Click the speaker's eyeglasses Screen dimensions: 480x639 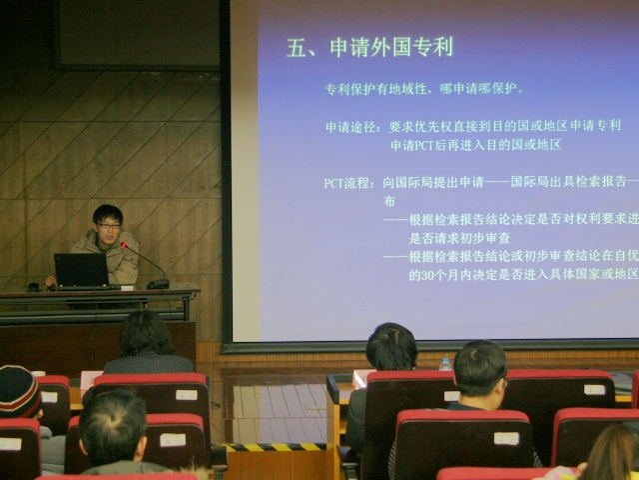109,226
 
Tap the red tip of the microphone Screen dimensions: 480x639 125,245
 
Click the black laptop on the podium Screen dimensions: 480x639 82,270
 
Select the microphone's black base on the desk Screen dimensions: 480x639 158,284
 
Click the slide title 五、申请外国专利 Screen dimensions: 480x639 369,47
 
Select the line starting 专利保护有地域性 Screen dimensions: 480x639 424,89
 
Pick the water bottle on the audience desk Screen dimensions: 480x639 445,363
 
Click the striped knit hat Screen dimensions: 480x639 18,390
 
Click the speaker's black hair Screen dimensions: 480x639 107,213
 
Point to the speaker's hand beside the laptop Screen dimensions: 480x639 50,282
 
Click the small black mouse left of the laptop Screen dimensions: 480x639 33,287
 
